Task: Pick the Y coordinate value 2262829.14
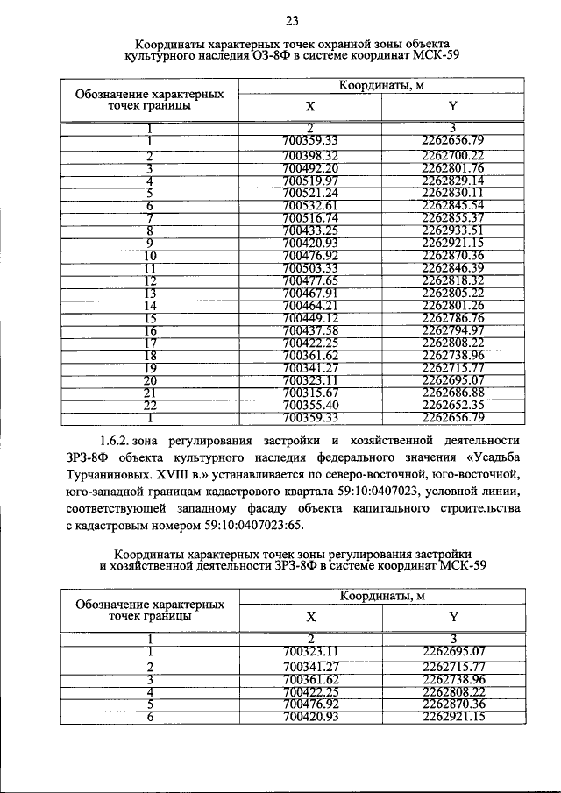point(452,181)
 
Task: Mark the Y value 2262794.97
point(452,330)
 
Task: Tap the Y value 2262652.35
point(452,405)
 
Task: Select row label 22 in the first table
point(150,405)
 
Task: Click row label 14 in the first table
point(150,305)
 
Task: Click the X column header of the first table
point(309,105)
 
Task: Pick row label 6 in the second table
point(150,717)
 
